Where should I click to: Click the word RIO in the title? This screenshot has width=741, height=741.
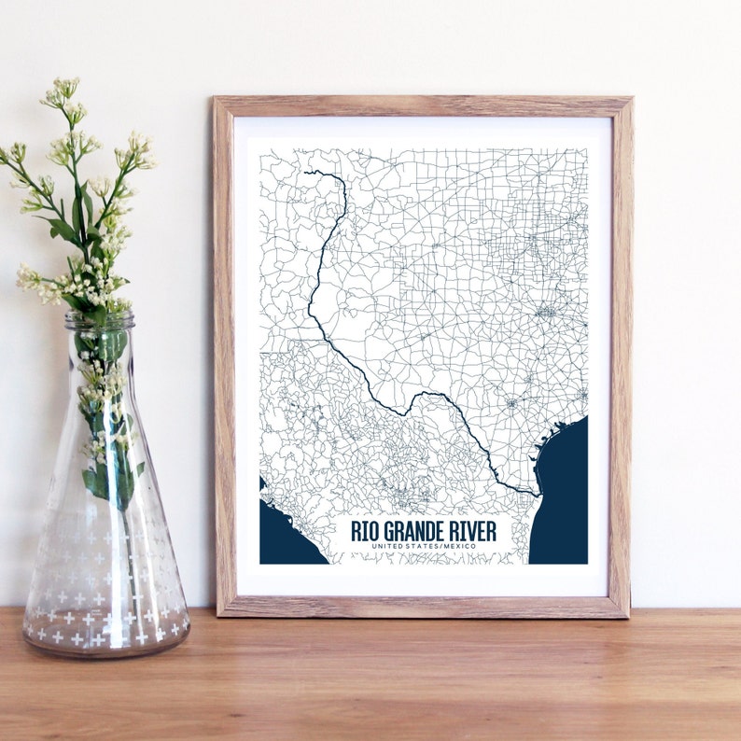[365, 530]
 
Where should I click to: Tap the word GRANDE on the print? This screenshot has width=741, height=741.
[411, 530]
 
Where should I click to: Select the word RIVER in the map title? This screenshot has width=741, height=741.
[473, 530]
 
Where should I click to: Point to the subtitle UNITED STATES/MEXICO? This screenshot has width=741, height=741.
[423, 545]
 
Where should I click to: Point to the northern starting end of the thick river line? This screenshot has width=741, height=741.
[307, 172]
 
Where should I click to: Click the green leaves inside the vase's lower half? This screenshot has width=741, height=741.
[110, 476]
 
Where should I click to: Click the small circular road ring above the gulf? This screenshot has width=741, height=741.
[511, 404]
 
